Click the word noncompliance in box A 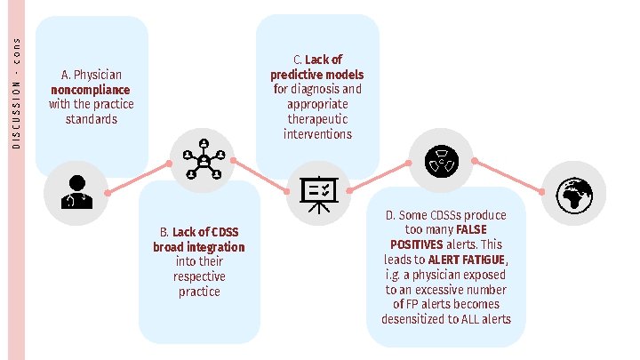click(91, 90)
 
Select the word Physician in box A click(98, 75)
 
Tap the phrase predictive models click(317, 75)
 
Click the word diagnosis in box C click(340, 89)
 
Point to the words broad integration click(198, 246)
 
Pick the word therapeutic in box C click(317, 119)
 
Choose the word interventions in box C click(317, 134)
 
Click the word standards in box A click(91, 119)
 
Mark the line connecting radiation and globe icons click(508, 175)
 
